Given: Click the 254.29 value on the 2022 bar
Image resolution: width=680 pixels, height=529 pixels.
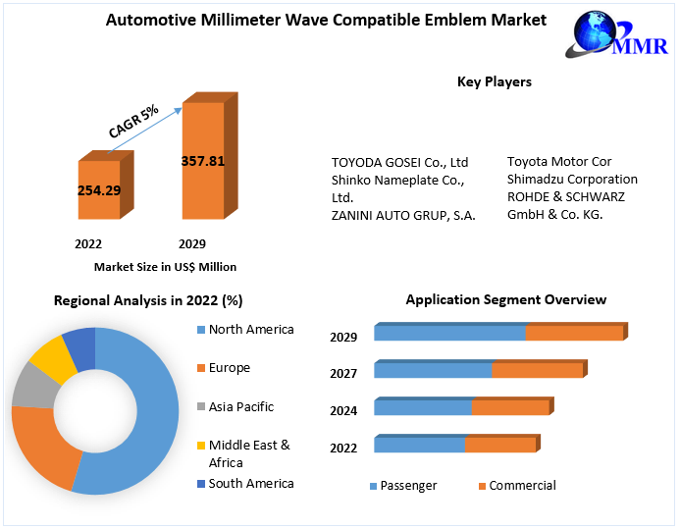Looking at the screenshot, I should (x=99, y=190).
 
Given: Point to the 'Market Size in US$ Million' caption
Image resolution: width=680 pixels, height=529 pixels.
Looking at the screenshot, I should (x=165, y=266).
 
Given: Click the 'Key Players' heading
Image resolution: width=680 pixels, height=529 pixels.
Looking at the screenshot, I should (x=495, y=82).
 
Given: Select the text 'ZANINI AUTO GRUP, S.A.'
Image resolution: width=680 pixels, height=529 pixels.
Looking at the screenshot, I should (x=403, y=216).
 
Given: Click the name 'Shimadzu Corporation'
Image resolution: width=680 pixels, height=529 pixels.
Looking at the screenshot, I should (x=572, y=180).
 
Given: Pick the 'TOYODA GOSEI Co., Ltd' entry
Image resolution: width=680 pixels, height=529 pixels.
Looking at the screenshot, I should (x=399, y=162).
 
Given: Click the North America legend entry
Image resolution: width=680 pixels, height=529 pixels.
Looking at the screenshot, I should (x=250, y=330).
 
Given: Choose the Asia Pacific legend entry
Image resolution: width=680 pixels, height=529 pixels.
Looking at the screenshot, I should (x=240, y=406).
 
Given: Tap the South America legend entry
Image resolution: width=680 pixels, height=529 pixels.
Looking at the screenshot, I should (x=250, y=483).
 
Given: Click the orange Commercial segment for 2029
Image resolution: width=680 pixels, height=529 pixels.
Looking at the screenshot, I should (x=574, y=334).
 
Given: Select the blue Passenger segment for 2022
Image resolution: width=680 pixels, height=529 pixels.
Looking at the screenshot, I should (x=419, y=446).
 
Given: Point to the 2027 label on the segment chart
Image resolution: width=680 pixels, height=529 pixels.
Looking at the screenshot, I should (x=343, y=373).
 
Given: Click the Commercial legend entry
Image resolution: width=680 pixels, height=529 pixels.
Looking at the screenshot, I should (x=521, y=486).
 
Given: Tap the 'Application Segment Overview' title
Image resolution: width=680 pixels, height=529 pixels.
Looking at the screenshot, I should (x=505, y=300).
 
